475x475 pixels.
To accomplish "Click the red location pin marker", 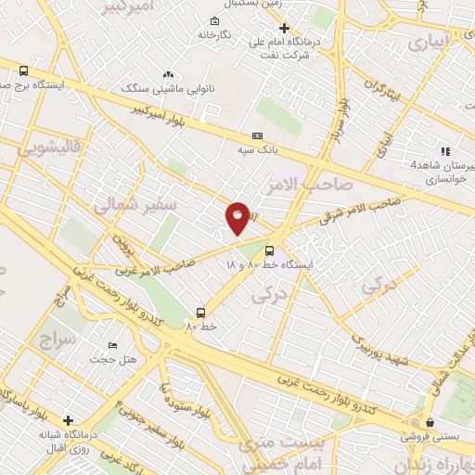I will click(237, 217).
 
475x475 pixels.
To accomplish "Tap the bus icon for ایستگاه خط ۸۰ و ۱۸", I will click(269, 250).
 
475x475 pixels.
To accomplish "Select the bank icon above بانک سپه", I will click(257, 135).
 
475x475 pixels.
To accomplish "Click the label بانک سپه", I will click(257, 149).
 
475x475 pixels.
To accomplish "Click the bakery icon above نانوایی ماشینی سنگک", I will click(168, 74).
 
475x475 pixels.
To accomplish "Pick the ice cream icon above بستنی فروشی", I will click(429, 422).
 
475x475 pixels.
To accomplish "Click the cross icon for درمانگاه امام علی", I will click(285, 28).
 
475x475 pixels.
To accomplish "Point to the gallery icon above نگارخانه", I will click(215, 20).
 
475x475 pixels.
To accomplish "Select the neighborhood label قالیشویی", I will click(45, 148).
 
